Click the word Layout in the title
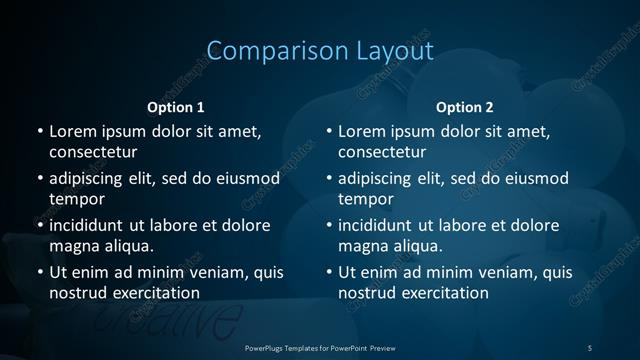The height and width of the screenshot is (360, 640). [395, 51]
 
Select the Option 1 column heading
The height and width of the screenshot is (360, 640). [176, 107]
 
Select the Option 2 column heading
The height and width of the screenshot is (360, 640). [465, 107]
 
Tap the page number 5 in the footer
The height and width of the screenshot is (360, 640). [590, 347]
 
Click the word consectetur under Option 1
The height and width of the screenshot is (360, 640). [93, 152]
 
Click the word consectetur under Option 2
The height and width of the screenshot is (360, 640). [382, 152]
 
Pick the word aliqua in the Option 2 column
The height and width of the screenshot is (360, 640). [420, 246]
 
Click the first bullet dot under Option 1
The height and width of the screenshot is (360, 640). [39, 132]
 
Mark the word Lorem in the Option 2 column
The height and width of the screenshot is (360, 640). [361, 131]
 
